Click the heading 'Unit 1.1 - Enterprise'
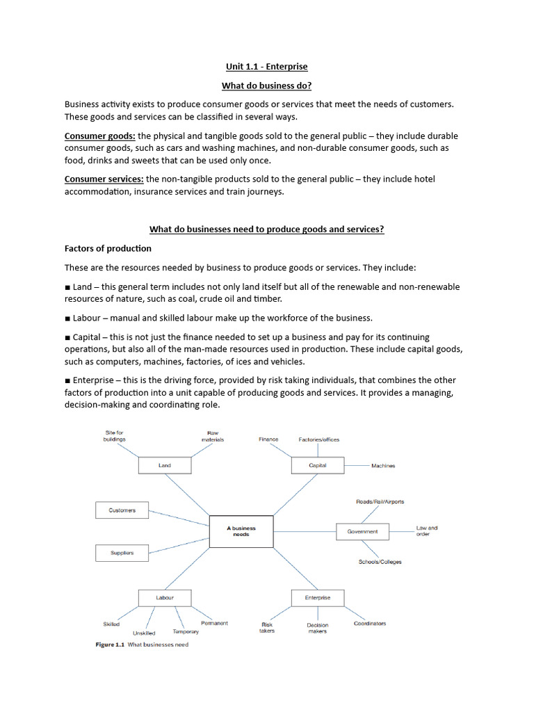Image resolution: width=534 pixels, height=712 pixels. point(266,67)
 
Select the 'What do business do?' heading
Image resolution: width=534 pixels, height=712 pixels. point(266,86)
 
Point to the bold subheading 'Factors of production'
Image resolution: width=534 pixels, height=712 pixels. point(108,248)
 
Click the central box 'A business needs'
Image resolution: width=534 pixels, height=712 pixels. point(241,531)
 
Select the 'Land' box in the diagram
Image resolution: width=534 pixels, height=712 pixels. point(165,465)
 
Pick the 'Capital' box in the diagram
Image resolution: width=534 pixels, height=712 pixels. point(317,465)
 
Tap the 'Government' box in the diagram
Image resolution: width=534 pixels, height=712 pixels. point(363,532)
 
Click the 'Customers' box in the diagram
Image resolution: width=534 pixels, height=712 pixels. point(122,510)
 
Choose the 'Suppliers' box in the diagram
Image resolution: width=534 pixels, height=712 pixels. point(122,553)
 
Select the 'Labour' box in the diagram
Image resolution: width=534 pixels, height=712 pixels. point(165,597)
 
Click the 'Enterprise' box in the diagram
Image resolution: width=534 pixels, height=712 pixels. point(317,597)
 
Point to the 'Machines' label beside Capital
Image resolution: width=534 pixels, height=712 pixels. point(383,466)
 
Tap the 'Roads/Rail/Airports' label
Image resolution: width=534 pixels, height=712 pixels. point(380,501)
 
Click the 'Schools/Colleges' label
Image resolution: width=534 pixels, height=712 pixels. point(380,562)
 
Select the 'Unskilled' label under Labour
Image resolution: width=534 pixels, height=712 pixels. point(144,633)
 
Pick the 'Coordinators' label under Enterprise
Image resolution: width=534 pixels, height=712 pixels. point(369,624)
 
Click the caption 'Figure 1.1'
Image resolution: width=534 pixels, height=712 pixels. point(110,645)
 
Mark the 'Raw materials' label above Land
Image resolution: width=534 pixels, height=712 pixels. point(213,436)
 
